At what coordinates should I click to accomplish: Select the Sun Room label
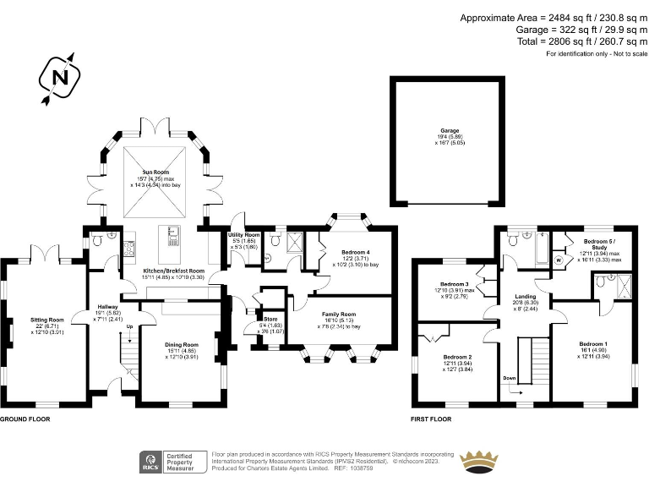165,172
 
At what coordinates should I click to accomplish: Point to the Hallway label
107,306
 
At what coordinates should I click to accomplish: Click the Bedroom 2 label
457,357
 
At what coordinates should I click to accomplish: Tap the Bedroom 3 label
454,283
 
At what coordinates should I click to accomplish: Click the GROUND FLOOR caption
25,419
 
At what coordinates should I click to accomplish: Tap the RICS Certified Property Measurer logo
172,462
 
